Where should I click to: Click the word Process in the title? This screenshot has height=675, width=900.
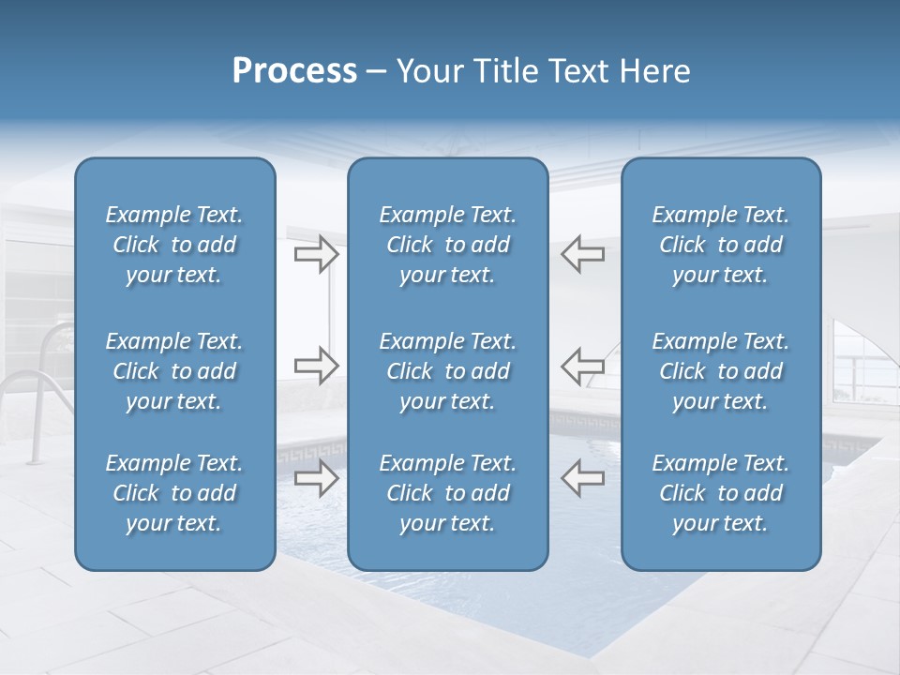coord(294,71)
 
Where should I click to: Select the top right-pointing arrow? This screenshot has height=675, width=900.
coord(316,254)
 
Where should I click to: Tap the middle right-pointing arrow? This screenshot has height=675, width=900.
coord(316,366)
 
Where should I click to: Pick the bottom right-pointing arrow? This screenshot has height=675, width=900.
coord(316,478)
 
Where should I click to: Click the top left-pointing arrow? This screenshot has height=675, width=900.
coord(582,254)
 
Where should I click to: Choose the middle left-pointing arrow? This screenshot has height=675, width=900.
coord(582,366)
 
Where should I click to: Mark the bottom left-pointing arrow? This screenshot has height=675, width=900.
coord(582,478)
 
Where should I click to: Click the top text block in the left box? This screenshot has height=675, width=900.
coord(174,245)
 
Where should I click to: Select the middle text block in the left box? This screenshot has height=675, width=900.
coord(174,371)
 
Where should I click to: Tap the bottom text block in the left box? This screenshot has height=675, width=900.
coord(174,493)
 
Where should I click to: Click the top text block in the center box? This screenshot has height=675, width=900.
coord(447,245)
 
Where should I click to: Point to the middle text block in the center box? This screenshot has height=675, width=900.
coord(447,371)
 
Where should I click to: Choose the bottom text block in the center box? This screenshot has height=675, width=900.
coord(447,493)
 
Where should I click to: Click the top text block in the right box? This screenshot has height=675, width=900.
coord(720,245)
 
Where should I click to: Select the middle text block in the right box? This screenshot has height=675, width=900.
coord(720,371)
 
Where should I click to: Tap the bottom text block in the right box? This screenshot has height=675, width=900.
coord(720,493)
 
